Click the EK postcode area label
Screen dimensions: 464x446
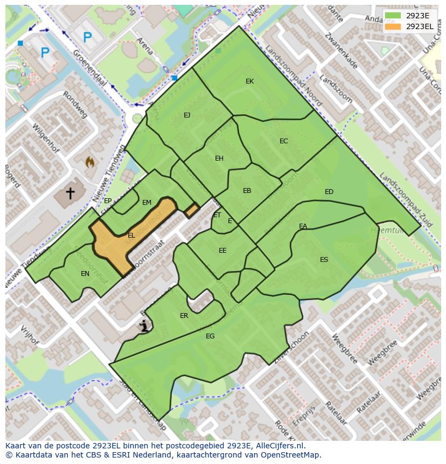tap(249, 81)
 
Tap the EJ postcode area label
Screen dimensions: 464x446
tap(187, 115)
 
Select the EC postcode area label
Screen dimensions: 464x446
tap(283, 141)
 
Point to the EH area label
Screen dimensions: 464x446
tap(219, 158)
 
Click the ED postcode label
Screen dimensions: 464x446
tap(329, 192)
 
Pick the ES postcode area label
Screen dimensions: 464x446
tap(324, 260)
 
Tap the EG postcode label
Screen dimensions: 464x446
tap(210, 336)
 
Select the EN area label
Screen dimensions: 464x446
tap(85, 274)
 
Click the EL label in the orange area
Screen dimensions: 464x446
tap(131, 236)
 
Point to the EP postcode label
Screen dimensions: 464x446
tap(108, 201)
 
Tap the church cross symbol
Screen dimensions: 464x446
tap(70, 192)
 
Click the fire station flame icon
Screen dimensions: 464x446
tap(90, 161)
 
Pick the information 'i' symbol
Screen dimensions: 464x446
tap(144, 326)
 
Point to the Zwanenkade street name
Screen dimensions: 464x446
tap(342, 52)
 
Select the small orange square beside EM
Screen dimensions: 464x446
tap(192, 210)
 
